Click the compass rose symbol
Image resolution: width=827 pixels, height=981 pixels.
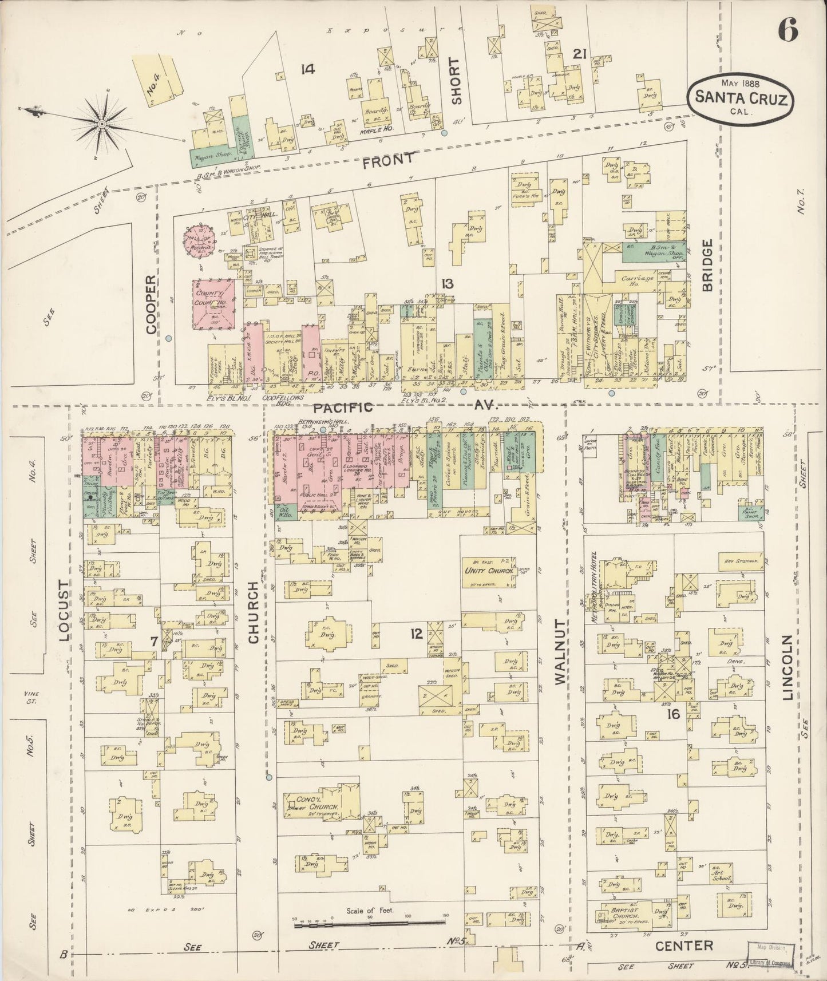[x=101, y=123]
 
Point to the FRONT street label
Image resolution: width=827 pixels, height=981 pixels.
[x=387, y=160]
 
